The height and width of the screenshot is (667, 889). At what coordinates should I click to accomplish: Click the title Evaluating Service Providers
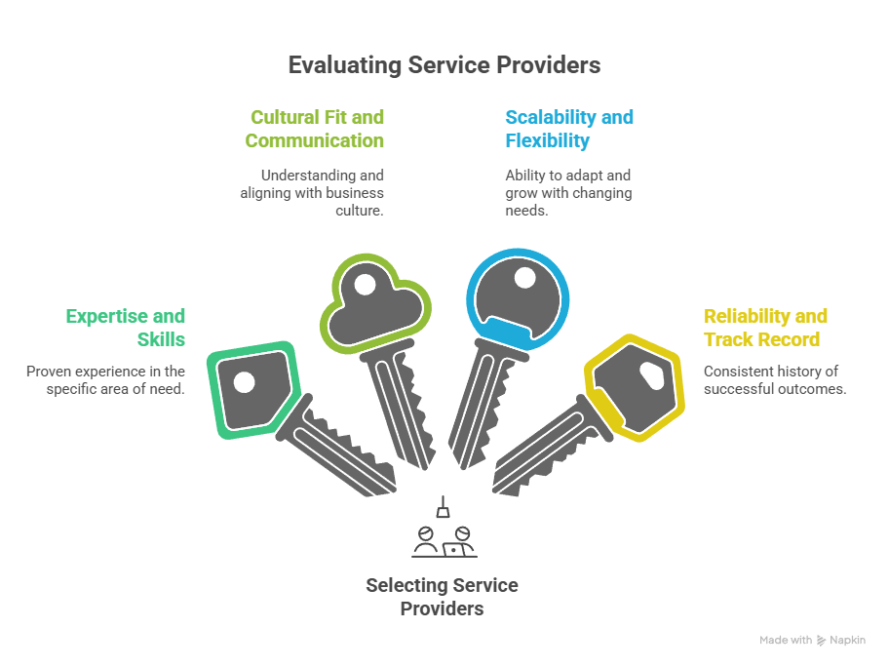[444, 65]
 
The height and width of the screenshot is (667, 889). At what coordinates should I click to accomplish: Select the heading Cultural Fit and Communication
[315, 129]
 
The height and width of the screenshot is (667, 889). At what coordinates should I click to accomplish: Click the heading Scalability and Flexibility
[568, 129]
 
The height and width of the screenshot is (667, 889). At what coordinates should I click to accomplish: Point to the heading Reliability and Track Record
[765, 328]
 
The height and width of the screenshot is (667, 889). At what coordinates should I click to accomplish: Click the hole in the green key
[244, 381]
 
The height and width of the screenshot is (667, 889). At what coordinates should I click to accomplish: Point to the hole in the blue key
[524, 278]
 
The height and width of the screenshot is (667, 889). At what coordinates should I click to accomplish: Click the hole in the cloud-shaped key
[364, 287]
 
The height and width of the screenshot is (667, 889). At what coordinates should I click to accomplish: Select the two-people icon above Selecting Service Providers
[444, 540]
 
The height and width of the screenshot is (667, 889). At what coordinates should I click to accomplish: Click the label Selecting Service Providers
[442, 597]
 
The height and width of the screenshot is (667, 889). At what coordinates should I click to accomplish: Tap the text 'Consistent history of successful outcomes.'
[774, 379]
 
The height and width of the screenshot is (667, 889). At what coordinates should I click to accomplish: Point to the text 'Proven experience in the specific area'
[105, 379]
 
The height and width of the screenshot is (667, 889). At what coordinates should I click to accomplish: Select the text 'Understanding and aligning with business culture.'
[312, 192]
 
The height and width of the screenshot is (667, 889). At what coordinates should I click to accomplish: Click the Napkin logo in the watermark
[822, 641]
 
